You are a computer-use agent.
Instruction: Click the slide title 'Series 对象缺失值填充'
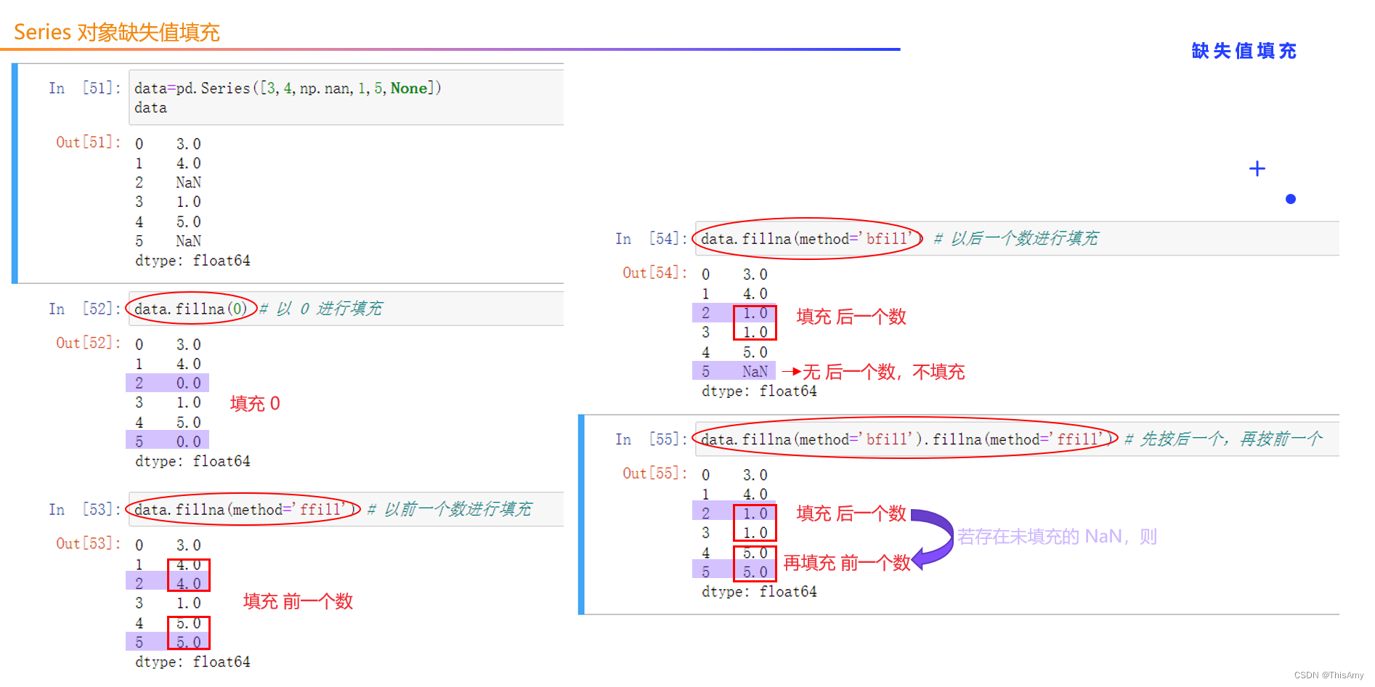point(116,33)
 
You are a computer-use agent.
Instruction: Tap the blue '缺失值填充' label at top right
point(1244,51)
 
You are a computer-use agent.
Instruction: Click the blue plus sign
point(1257,169)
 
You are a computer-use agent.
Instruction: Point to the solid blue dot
point(1290,199)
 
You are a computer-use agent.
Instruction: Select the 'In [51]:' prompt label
point(84,89)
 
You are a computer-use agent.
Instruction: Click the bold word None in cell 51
point(409,89)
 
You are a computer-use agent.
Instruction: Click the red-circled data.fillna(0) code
point(190,309)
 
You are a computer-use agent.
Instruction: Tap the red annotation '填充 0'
point(254,404)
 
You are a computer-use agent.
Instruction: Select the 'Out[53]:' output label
point(88,543)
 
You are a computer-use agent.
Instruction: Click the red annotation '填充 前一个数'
point(298,601)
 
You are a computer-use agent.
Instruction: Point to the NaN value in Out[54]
point(755,372)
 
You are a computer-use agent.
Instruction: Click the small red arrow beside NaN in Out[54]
point(791,372)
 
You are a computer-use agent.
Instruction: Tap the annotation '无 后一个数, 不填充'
point(883,373)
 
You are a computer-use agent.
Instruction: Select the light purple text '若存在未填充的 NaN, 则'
point(1056,537)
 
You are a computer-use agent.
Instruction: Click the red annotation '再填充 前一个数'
point(846,563)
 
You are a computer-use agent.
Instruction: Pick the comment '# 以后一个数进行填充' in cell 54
point(1015,239)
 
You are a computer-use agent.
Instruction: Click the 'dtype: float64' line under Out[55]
point(759,592)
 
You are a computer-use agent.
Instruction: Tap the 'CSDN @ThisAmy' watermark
point(1329,675)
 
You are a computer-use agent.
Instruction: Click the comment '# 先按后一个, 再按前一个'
point(1223,439)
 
